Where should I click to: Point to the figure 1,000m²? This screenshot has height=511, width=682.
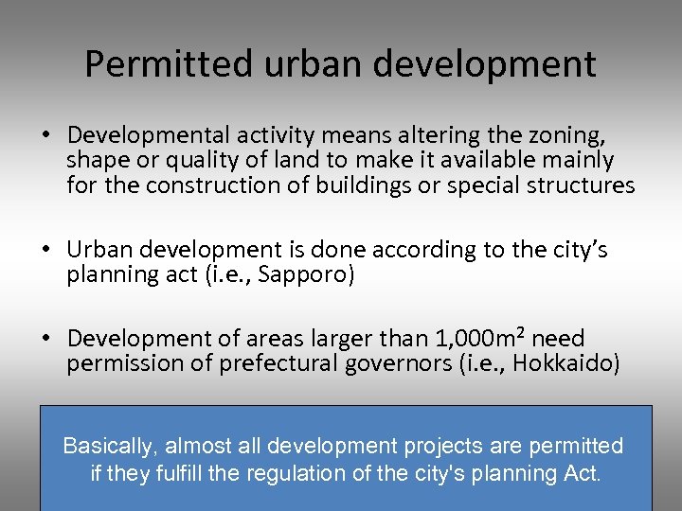[x=482, y=338]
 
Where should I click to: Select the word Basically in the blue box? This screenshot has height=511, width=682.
[x=104, y=446]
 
